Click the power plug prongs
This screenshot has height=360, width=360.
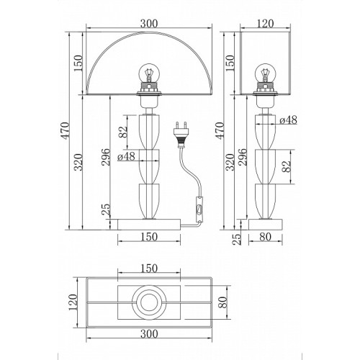181,125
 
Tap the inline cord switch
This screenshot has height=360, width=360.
199,209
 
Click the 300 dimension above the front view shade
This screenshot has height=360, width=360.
149,24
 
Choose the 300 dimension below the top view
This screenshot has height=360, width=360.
149,334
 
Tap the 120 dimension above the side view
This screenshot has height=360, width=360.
265,24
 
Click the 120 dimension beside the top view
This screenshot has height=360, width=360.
73,302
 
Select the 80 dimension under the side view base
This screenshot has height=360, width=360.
265,237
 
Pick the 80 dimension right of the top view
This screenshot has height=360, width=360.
222,302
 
